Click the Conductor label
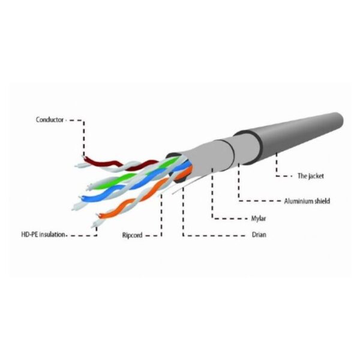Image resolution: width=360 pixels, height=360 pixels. [x=50, y=120]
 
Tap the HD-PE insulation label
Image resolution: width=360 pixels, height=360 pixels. [x=43, y=235]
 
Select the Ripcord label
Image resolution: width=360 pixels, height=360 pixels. [x=132, y=235]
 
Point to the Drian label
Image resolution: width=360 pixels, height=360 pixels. [x=259, y=235]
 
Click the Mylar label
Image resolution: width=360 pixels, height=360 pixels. [x=259, y=218]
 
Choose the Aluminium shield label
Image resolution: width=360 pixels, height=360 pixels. [x=307, y=201]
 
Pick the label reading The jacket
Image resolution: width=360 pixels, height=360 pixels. [x=311, y=176]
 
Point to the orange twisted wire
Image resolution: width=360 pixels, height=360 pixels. [x=138, y=197]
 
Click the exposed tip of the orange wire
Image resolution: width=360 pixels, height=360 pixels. [x=100, y=215]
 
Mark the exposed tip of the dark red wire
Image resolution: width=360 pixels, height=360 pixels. [x=85, y=157]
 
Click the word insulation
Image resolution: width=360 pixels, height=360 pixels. [x=52, y=235]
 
